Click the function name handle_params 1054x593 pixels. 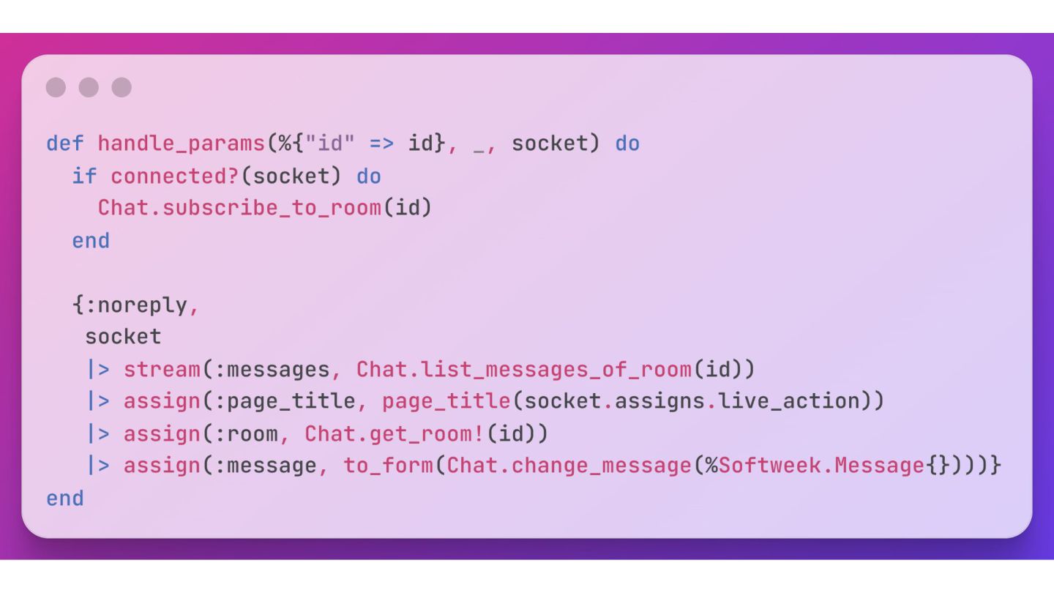pyautogui.click(x=181, y=143)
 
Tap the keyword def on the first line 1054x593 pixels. pyautogui.click(x=65, y=143)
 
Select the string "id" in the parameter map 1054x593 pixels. pyautogui.click(x=329, y=143)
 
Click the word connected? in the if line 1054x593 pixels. pyautogui.click(x=175, y=176)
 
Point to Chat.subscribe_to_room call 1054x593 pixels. pyautogui.click(x=239, y=209)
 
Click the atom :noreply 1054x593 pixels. pyautogui.click(x=136, y=305)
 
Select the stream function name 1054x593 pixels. pyautogui.click(x=162, y=369)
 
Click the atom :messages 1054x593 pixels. pyautogui.click(x=272, y=369)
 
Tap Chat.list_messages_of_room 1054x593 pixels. pyautogui.click(x=523, y=369)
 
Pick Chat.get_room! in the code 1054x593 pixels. pyautogui.click(x=394, y=433)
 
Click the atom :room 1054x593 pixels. pyautogui.click(x=246, y=433)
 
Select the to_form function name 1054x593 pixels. pyautogui.click(x=388, y=466)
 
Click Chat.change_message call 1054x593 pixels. pyautogui.click(x=569, y=466)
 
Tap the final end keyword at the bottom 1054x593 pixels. pyautogui.click(x=65, y=499)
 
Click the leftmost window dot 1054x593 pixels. pyautogui.click(x=56, y=88)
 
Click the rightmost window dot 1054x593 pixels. pyautogui.click(x=122, y=88)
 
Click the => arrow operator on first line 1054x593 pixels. pyautogui.click(x=381, y=143)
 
